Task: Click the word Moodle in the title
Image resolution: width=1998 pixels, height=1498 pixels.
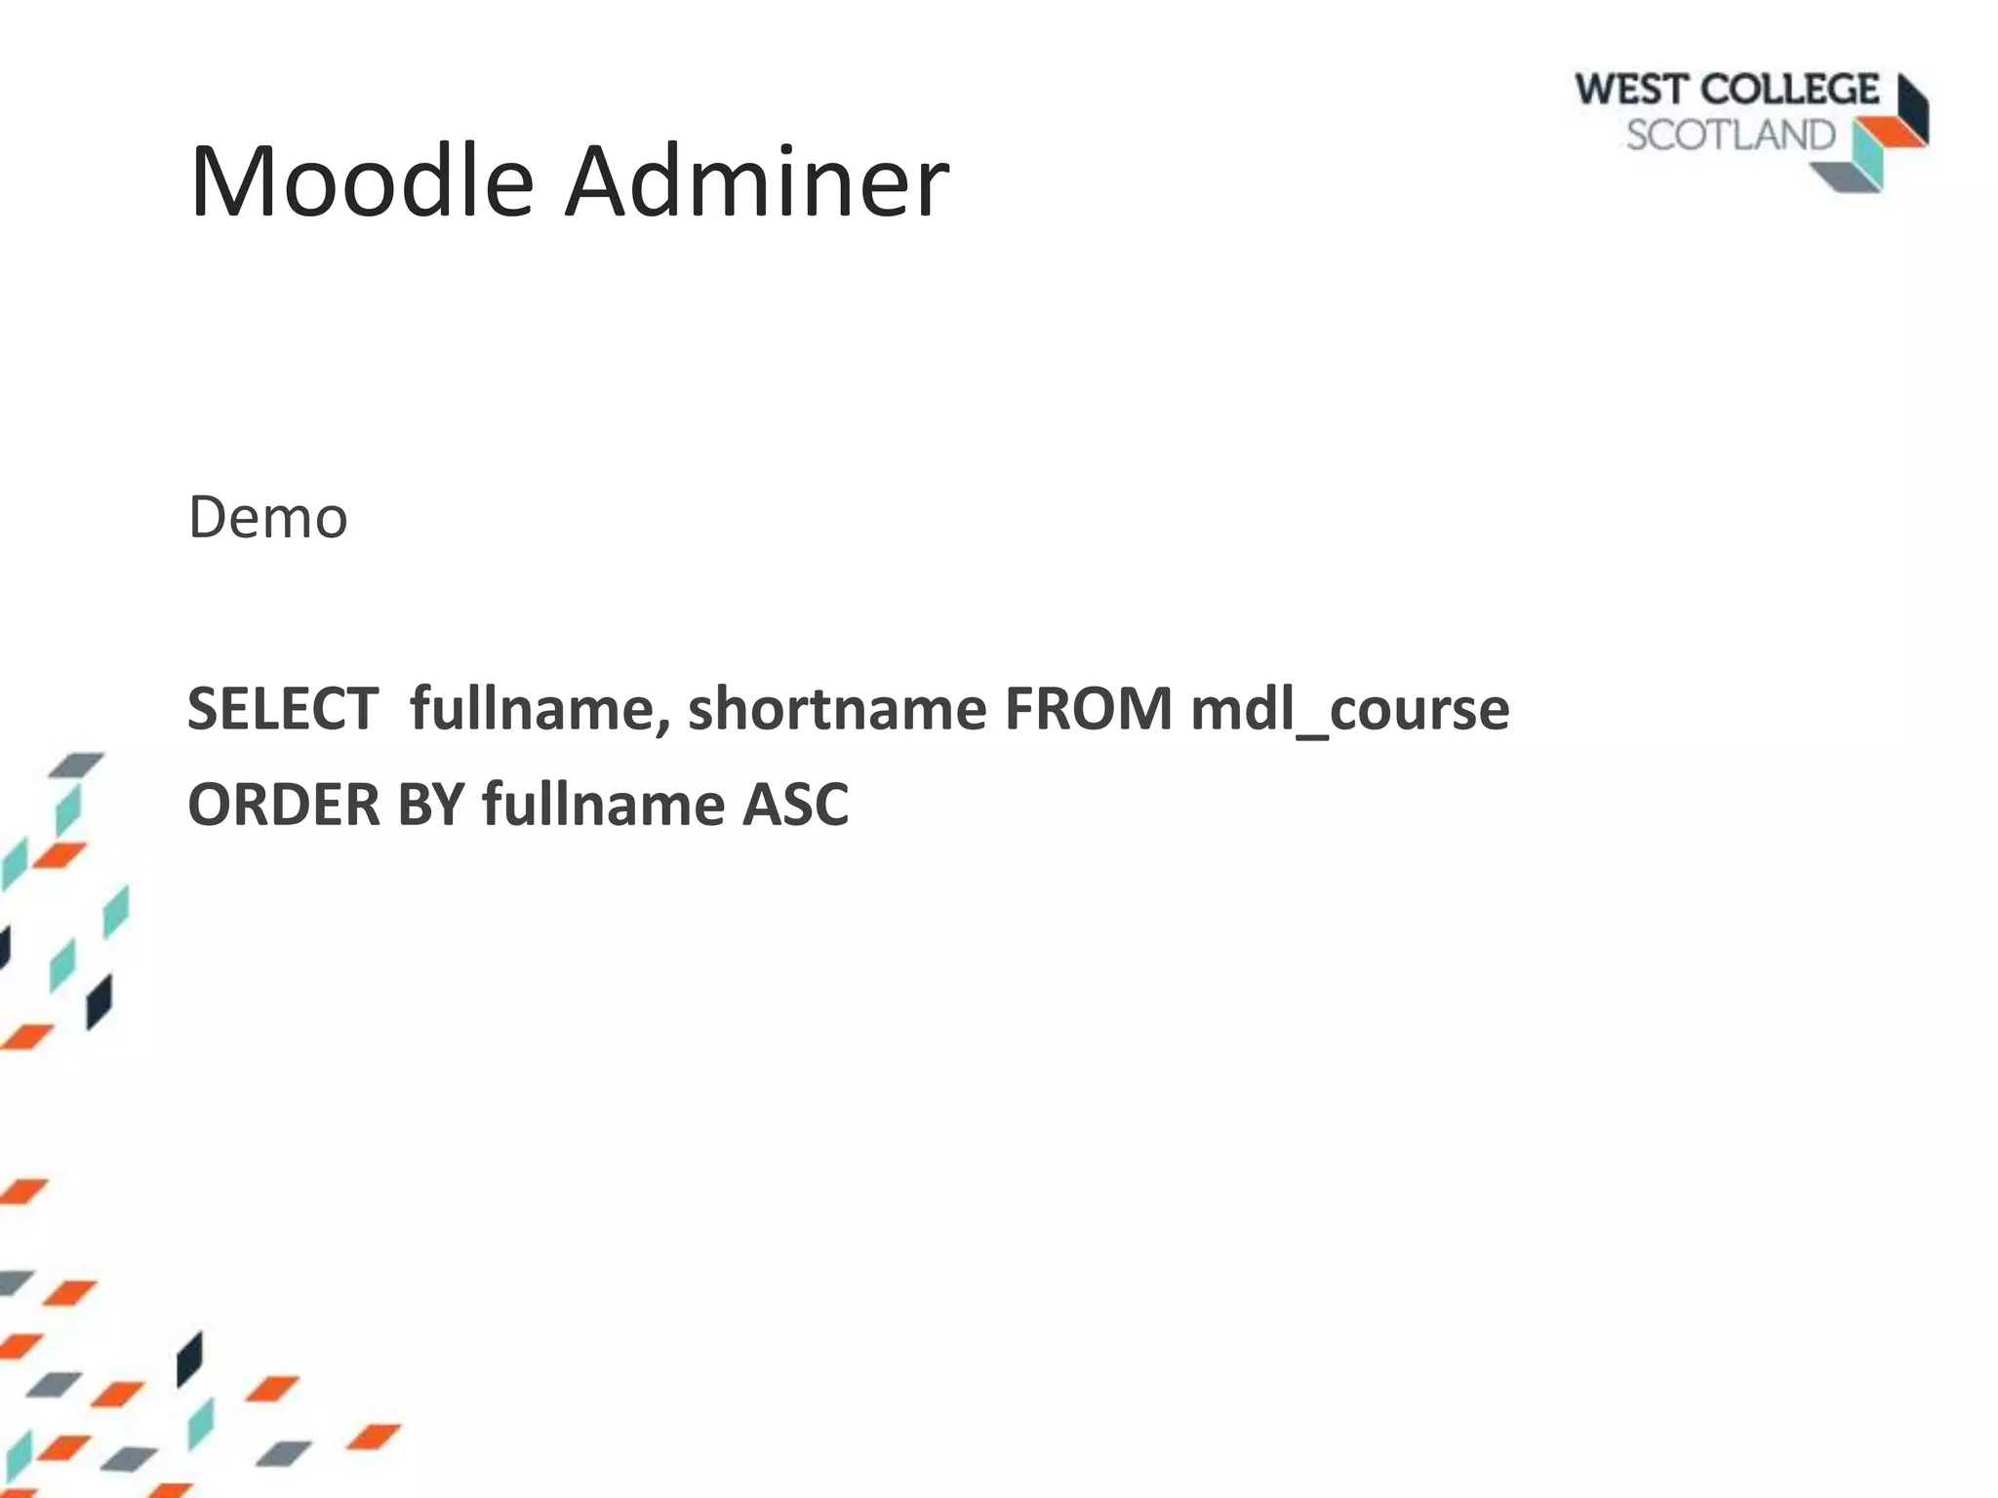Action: pyautogui.click(x=361, y=182)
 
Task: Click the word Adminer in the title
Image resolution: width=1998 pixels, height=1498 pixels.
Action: pyautogui.click(x=756, y=182)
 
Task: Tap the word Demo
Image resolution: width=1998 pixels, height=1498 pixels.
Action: pyautogui.click(x=267, y=517)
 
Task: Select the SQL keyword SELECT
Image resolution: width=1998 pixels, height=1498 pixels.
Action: pyautogui.click(x=283, y=709)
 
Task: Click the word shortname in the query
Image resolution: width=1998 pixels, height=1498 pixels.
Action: pyautogui.click(x=837, y=709)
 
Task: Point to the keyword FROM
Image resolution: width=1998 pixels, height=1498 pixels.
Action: pyautogui.click(x=1088, y=709)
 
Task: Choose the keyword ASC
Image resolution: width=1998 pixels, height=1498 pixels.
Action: pyautogui.click(x=795, y=806)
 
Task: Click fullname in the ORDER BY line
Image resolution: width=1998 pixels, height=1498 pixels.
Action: pyautogui.click(x=603, y=806)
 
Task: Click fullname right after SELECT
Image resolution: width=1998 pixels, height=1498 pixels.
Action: pyautogui.click(x=532, y=709)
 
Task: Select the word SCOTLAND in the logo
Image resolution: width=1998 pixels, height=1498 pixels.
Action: pyautogui.click(x=1731, y=136)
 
